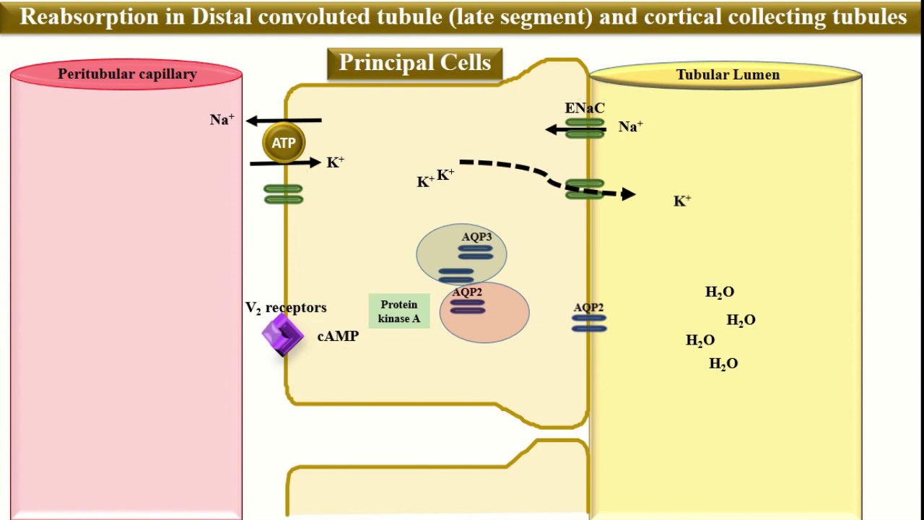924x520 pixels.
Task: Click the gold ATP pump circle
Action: (x=283, y=142)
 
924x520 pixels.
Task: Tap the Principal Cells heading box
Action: (x=414, y=64)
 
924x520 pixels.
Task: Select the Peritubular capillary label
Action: (x=127, y=74)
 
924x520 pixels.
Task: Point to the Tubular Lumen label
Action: (x=727, y=75)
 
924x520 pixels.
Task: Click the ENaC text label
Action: (x=585, y=108)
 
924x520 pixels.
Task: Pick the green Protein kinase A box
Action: (x=399, y=311)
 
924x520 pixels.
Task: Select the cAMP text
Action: (x=338, y=337)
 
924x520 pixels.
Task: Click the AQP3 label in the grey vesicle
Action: (x=476, y=237)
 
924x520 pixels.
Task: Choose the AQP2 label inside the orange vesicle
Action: (x=467, y=292)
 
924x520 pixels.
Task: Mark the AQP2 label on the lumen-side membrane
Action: (x=589, y=308)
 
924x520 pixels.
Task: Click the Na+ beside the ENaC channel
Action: (x=630, y=127)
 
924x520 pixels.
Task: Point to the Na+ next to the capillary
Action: (x=222, y=120)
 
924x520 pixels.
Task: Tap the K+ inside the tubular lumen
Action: (x=682, y=201)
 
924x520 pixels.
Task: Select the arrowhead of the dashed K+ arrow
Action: (x=628, y=194)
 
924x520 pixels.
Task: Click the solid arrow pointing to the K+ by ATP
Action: (x=285, y=163)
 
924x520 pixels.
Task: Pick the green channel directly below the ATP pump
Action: (x=283, y=194)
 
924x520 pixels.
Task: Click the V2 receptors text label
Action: (x=286, y=308)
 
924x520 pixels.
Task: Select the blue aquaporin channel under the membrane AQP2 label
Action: (x=589, y=323)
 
